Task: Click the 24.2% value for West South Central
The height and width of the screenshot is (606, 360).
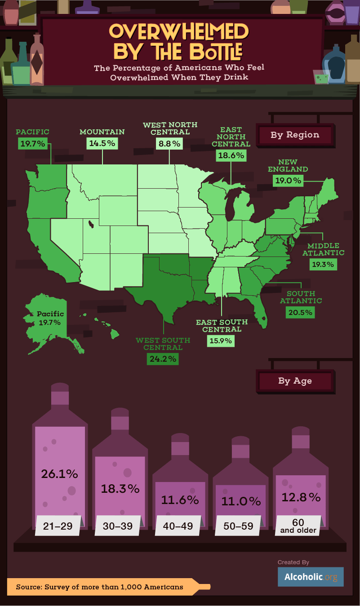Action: (162, 358)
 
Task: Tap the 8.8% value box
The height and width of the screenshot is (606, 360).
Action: (169, 144)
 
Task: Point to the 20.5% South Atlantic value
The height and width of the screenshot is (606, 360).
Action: (300, 312)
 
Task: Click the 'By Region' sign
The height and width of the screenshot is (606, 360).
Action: (295, 135)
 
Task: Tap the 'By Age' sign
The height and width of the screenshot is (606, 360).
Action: (295, 381)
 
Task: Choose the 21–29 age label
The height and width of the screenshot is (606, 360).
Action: (57, 526)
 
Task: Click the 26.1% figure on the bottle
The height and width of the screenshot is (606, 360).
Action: (59, 473)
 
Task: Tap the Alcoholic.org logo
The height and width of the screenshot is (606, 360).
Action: (310, 577)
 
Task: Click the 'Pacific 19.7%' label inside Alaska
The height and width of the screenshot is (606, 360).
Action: (50, 318)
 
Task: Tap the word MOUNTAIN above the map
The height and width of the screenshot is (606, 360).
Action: (102, 132)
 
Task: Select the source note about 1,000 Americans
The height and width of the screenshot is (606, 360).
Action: (99, 587)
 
